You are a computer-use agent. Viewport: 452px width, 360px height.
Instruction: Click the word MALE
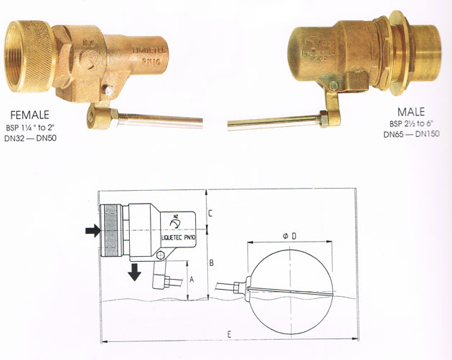(412, 113)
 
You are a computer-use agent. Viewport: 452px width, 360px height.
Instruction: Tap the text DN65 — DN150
(411, 134)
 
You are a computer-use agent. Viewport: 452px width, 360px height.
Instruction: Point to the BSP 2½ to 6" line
(411, 124)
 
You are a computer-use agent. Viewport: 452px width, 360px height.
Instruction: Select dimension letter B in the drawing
(211, 262)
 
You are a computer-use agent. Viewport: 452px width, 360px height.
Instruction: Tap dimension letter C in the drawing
(209, 214)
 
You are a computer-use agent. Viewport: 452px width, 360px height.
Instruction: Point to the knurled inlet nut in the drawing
(113, 231)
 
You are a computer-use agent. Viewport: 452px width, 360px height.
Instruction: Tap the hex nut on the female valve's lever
(100, 114)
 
